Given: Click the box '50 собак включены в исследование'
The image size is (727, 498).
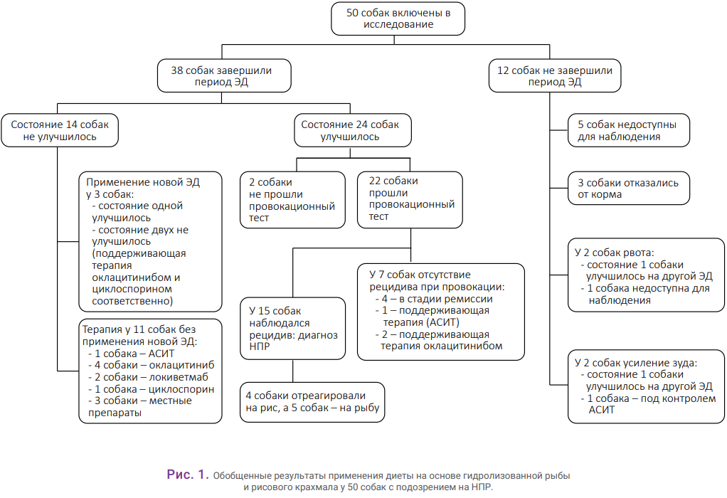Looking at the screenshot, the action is pos(398,18).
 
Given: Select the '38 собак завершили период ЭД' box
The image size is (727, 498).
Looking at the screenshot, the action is pos(224,75).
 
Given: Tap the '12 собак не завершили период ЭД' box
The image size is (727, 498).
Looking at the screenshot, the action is pos(555,75).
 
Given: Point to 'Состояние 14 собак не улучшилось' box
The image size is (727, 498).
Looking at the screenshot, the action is pos(60,130).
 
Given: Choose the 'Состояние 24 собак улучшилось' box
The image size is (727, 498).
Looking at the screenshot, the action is pos(353,130).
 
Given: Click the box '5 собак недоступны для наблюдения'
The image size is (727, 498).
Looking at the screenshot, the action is pos(629,130).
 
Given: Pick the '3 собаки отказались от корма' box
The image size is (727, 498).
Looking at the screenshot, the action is pos(629,189).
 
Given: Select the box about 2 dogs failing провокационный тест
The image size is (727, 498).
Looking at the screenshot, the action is pos(292,200).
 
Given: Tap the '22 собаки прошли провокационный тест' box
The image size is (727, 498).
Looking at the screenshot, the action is pos(410,200).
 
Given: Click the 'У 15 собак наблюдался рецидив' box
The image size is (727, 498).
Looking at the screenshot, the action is pos(292,328).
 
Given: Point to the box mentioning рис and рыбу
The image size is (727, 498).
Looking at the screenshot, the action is pos(312,402).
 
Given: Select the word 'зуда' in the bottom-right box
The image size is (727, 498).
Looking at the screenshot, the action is pos(685,363).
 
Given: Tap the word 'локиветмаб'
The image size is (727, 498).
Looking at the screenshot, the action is pos(179,377).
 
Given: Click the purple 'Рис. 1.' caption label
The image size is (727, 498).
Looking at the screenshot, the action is pos(188,475).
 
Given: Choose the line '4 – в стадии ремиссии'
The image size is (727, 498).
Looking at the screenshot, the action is pos(434,299).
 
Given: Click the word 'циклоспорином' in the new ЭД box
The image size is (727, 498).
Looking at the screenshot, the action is pos(132,290).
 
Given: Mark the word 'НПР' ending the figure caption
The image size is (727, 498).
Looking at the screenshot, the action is pos(483,487).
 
